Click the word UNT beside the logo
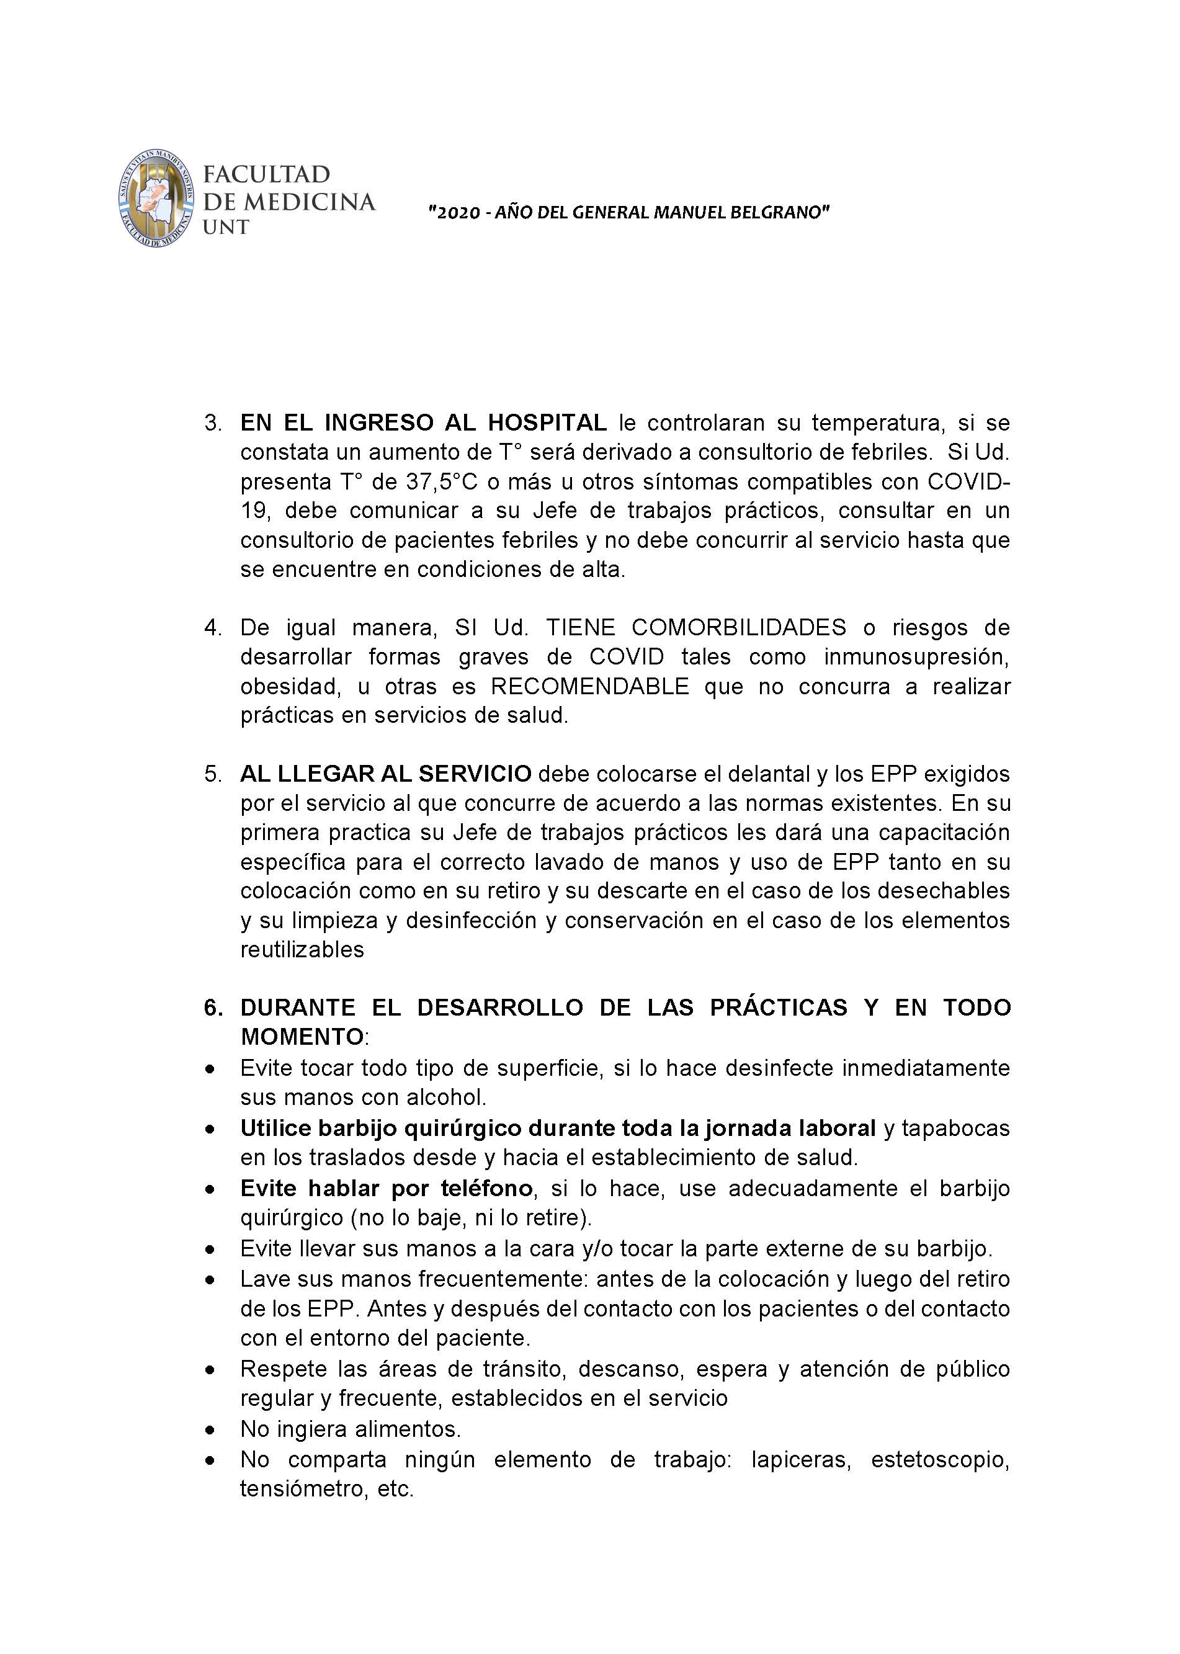click(225, 227)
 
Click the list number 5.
click(212, 774)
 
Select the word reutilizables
click(302, 949)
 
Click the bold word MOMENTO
click(302, 1037)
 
